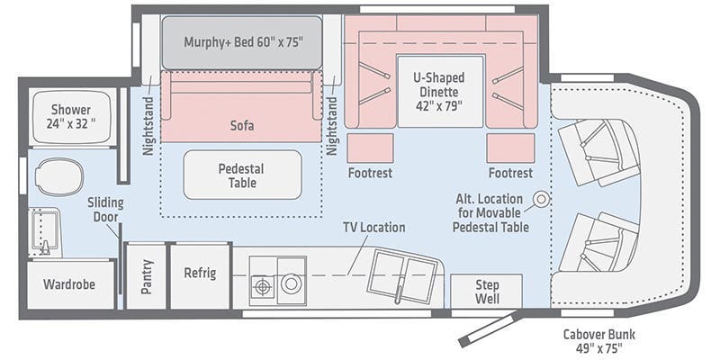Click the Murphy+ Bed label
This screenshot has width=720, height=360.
pyautogui.click(x=242, y=41)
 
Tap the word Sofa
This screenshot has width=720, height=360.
pyautogui.click(x=242, y=126)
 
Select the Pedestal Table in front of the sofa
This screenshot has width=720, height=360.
pyautogui.click(x=242, y=175)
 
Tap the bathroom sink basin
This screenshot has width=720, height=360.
pyautogui.click(x=43, y=233)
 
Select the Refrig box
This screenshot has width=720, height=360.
pyautogui.click(x=200, y=274)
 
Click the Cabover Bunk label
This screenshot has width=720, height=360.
pyautogui.click(x=593, y=341)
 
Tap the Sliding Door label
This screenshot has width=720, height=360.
pyautogui.click(x=105, y=210)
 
